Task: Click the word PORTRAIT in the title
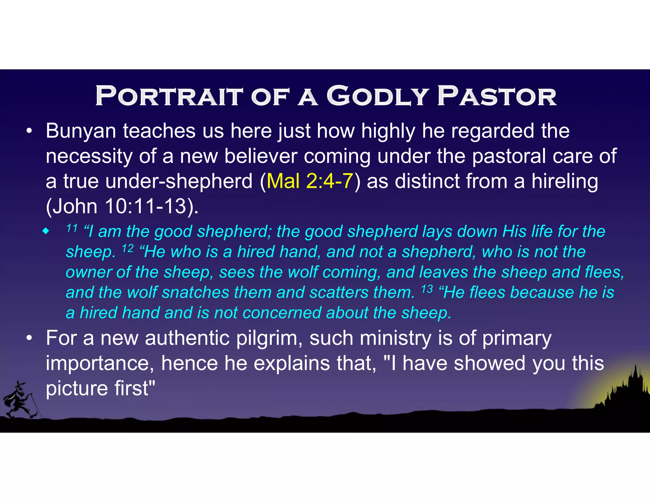coord(169,96)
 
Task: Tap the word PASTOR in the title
coord(497,96)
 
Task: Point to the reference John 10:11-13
coord(122,206)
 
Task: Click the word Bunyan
coord(81,131)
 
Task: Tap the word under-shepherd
coord(179,181)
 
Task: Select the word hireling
coord(565,181)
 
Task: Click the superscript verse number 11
coord(72,228)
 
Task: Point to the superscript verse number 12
coord(128,248)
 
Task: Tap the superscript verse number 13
coord(427,289)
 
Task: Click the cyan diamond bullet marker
coord(46,231)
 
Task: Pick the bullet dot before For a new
coord(29,338)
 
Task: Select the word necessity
coord(89,156)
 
